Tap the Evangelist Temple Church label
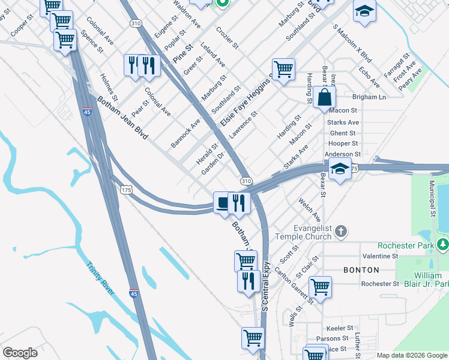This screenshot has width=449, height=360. point(312,232)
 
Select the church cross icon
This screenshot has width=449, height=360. point(340,231)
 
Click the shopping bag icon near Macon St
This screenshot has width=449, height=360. point(324,97)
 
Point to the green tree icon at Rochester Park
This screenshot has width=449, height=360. point(443,245)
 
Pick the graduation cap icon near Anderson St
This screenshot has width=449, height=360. point(340,169)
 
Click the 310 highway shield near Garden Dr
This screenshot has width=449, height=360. point(246,181)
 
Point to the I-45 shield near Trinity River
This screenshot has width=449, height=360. point(134,293)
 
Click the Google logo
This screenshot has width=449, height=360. point(20,353)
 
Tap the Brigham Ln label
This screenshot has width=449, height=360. point(369,97)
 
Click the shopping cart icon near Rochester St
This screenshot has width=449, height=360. point(321,286)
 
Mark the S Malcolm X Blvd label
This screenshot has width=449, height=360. point(352,45)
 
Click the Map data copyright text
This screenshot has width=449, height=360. point(412,355)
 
